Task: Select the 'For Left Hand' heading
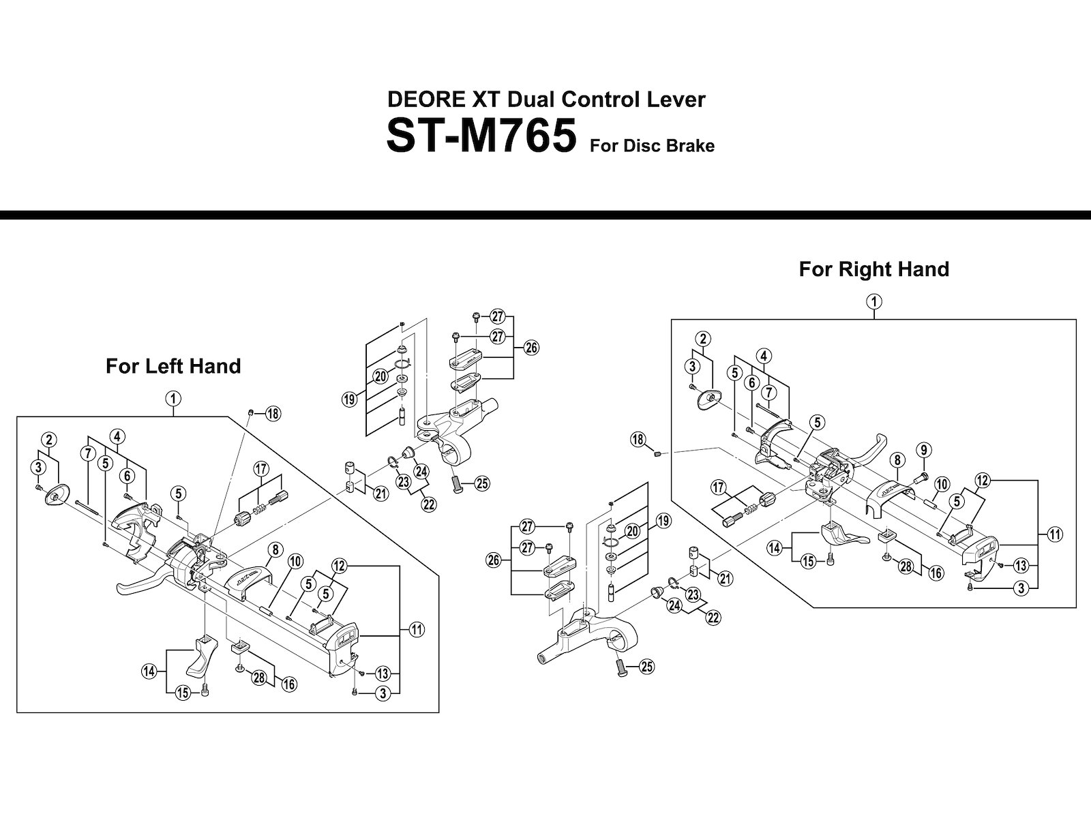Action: (173, 367)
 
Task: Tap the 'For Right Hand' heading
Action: (873, 269)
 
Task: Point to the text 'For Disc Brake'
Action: (652, 146)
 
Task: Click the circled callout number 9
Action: (923, 450)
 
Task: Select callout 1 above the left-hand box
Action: (173, 398)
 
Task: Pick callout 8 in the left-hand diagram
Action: (275, 549)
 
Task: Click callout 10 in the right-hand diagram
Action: (942, 484)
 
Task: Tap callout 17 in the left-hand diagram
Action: (261, 468)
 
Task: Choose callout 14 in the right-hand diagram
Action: (775, 549)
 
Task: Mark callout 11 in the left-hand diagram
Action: (417, 630)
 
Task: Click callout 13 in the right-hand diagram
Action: (1021, 566)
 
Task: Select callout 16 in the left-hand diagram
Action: (289, 684)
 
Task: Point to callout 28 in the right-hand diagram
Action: (906, 566)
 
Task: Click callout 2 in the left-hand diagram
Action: (48, 440)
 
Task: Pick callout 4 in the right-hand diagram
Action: (764, 356)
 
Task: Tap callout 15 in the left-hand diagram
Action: (183, 693)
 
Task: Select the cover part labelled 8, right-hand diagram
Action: (892, 498)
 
